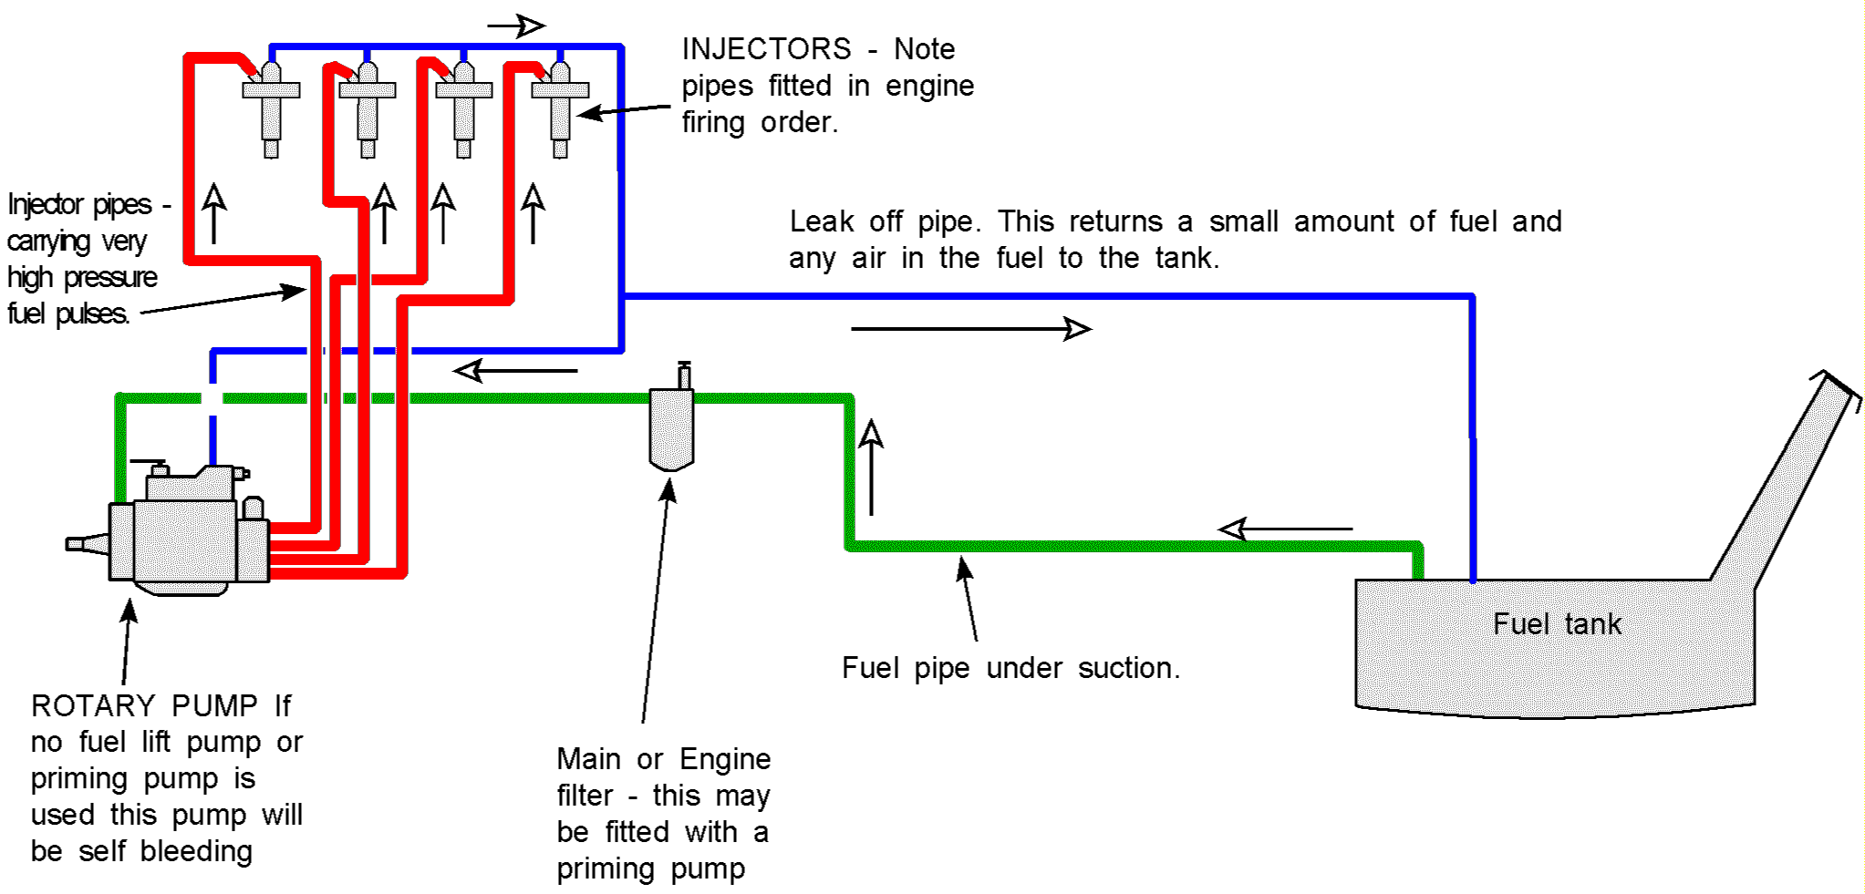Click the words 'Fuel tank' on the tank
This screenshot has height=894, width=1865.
click(x=1557, y=624)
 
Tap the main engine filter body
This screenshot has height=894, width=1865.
click(x=671, y=429)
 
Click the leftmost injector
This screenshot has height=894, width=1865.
click(x=271, y=109)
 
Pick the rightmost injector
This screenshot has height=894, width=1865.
click(x=560, y=109)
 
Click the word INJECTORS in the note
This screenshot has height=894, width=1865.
click(x=766, y=49)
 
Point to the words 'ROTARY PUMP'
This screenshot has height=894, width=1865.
click(x=144, y=706)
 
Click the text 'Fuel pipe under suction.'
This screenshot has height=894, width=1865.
click(x=1010, y=668)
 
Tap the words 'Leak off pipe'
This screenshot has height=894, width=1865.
click(x=884, y=221)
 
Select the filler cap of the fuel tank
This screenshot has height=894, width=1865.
click(x=1840, y=387)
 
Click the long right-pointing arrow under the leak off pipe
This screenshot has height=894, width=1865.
click(x=970, y=329)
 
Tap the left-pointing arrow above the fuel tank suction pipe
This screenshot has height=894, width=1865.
click(x=1286, y=529)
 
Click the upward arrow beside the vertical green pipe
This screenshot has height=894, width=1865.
click(x=872, y=467)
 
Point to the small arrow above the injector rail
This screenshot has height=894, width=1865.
click(x=516, y=26)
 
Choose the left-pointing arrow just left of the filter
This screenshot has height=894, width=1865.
click(x=515, y=371)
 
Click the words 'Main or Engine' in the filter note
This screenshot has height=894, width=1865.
click(x=663, y=759)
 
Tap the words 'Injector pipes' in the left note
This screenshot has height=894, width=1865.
click(x=80, y=204)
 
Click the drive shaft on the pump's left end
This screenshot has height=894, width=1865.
click(x=87, y=544)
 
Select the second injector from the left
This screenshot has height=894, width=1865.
click(x=368, y=109)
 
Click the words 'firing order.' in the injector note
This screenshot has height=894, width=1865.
click(x=760, y=122)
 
